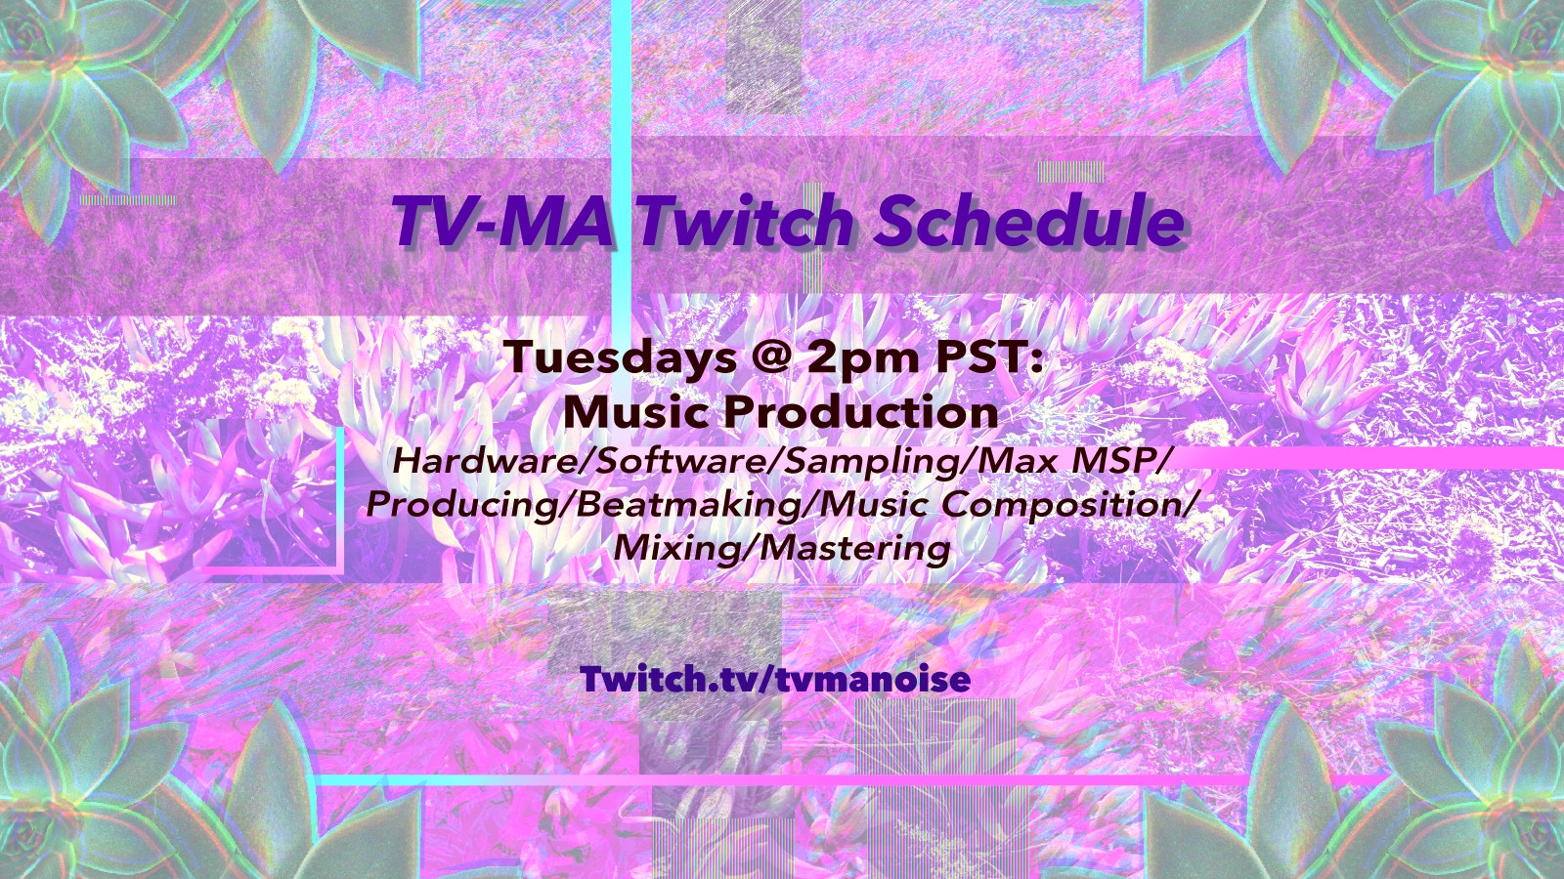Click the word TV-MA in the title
[x=502, y=220]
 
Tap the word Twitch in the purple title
[x=745, y=220]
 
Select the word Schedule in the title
[x=1029, y=220]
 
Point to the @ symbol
[x=771, y=357]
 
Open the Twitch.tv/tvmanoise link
[x=775, y=679]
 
